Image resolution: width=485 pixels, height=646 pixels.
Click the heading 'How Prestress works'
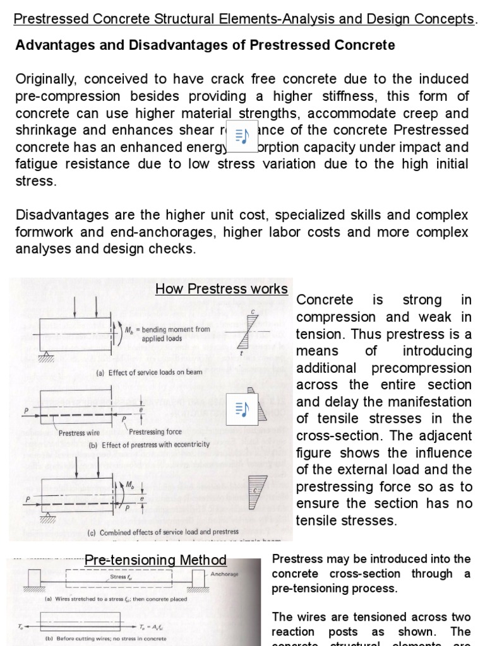(221, 289)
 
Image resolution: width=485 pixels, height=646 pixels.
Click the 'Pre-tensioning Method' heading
(155, 560)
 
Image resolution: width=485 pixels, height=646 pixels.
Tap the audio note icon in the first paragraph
(240, 136)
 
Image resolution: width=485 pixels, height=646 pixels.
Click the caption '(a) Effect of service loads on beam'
(149, 372)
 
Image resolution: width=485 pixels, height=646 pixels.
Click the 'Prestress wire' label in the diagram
(81, 433)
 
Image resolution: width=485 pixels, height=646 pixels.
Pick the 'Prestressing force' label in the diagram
(155, 432)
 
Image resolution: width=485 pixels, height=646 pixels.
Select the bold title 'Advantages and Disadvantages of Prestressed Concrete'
(205, 45)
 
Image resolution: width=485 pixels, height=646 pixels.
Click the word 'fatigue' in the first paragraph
(37, 165)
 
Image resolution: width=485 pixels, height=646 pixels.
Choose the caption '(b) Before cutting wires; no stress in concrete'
(105, 638)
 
